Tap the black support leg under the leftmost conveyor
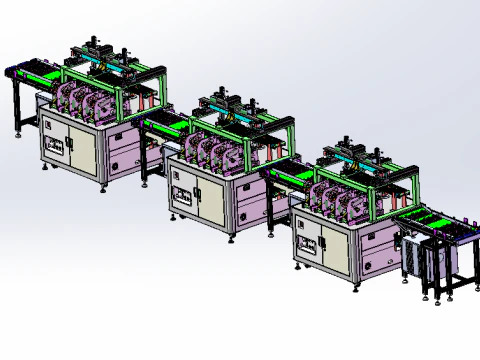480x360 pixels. pyautogui.click(x=17, y=110)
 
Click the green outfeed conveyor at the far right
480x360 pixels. pyautogui.click(x=436, y=222)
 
